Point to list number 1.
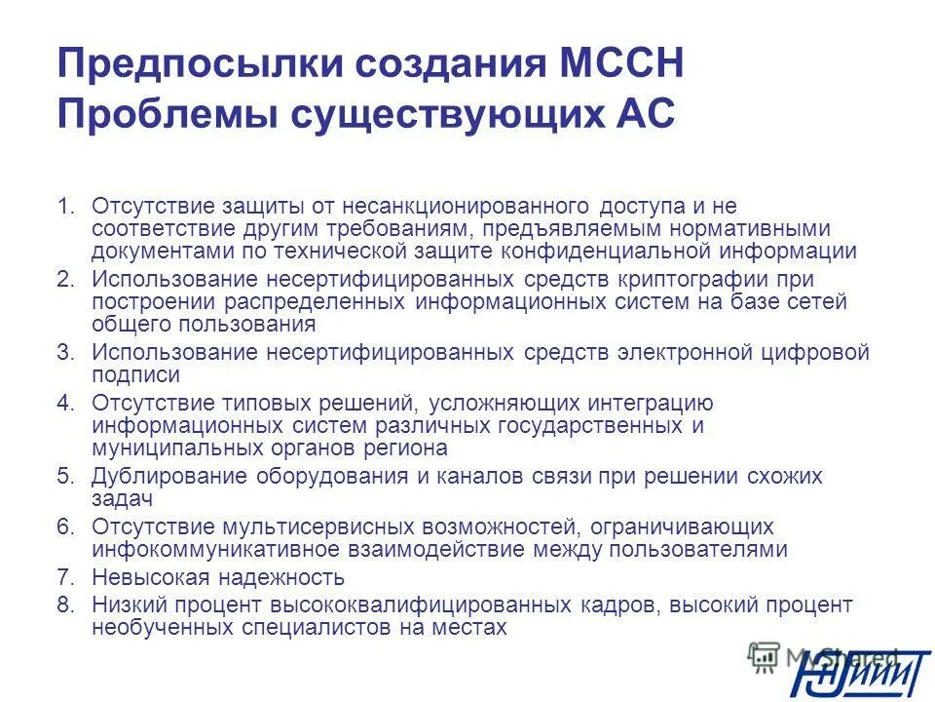pos(65,207)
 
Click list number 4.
pos(65,403)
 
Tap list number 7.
pos(65,577)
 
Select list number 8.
pos(65,605)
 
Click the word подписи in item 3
pos(135,375)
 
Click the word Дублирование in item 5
pos(170,477)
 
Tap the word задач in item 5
pos(123,499)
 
